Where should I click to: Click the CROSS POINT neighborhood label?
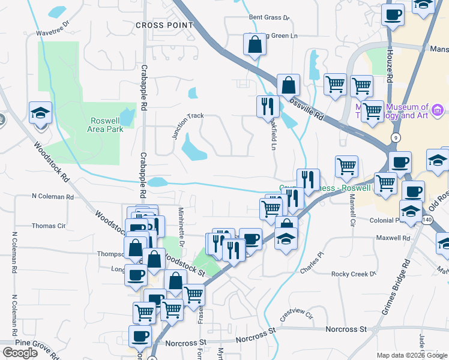pyautogui.click(x=164, y=25)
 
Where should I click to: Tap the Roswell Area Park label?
pyautogui.click(x=106, y=124)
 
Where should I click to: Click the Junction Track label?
pyautogui.click(x=187, y=125)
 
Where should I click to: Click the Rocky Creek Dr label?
pyautogui.click(x=354, y=274)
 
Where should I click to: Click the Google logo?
pyautogui.click(x=20, y=353)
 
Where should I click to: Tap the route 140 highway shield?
pyautogui.click(x=427, y=220)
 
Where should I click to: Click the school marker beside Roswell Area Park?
pyautogui.click(x=41, y=114)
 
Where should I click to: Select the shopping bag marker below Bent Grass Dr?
pyautogui.click(x=255, y=45)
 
